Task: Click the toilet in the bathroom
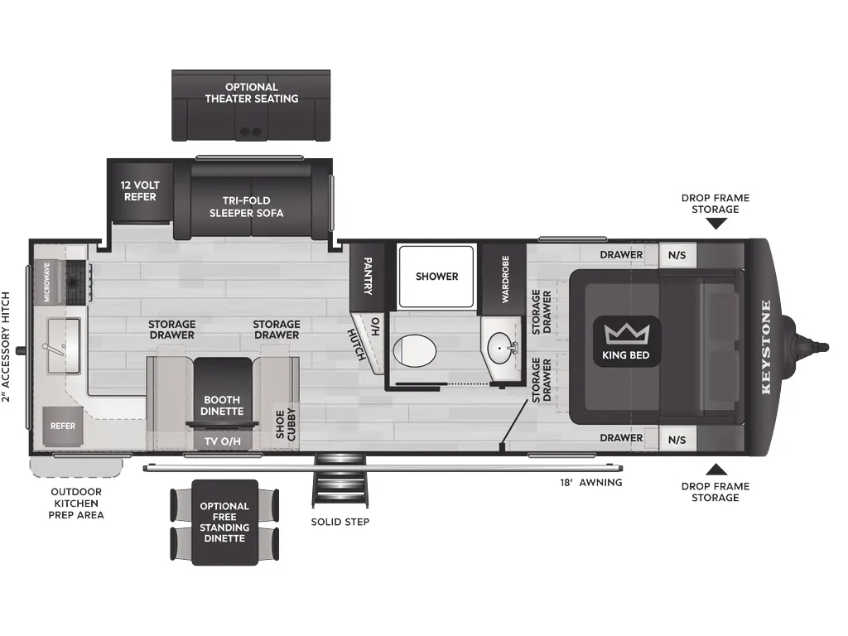click(x=414, y=350)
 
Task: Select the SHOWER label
click(x=437, y=277)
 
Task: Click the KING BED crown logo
click(x=627, y=335)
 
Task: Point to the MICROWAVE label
click(x=47, y=282)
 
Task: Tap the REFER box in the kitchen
click(x=63, y=426)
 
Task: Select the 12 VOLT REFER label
click(x=140, y=191)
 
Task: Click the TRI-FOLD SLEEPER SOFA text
click(x=247, y=206)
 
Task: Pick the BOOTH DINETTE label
click(x=222, y=406)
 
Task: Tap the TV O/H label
click(x=223, y=442)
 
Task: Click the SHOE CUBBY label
click(x=286, y=425)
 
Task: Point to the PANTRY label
click(x=368, y=276)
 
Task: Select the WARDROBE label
click(x=505, y=279)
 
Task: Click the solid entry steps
click(x=340, y=480)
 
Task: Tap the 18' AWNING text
click(x=591, y=483)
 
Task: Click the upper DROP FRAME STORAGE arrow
click(x=715, y=223)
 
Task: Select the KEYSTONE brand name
click(x=766, y=347)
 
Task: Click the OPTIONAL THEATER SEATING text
click(x=252, y=93)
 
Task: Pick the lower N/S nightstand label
click(x=677, y=440)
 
